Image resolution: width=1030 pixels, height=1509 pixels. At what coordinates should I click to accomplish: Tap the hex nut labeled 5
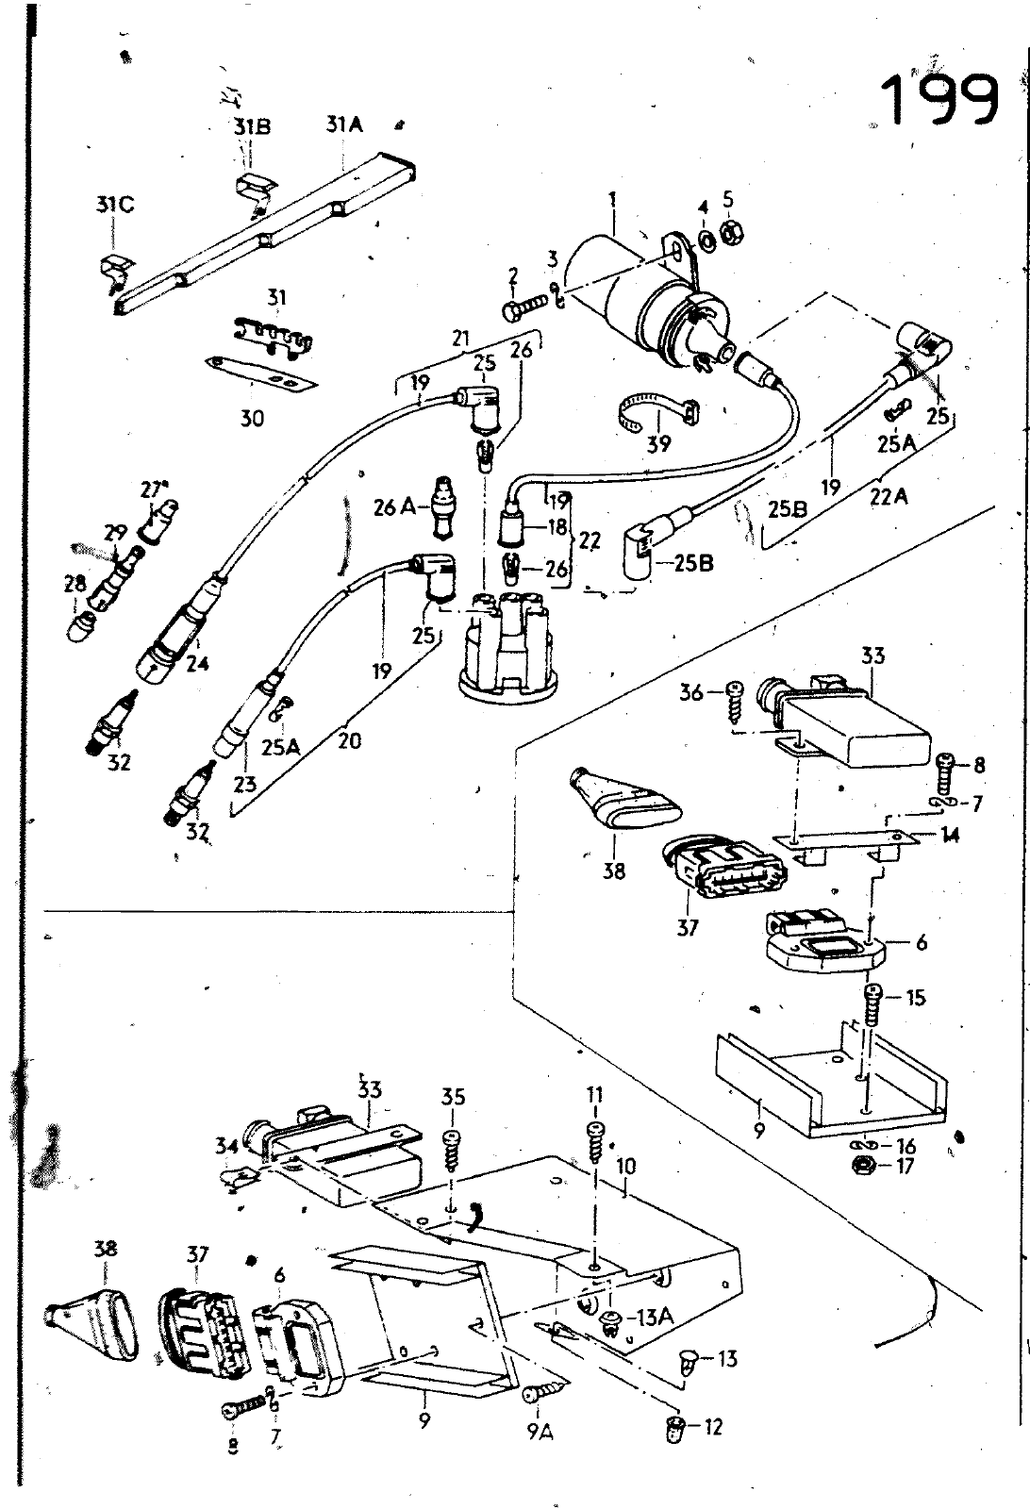coord(729,231)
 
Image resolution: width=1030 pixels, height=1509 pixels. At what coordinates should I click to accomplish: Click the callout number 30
coord(252,418)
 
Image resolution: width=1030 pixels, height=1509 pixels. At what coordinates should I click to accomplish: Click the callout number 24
coord(197,663)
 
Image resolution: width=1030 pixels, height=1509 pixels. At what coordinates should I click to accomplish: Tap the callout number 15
coord(915,998)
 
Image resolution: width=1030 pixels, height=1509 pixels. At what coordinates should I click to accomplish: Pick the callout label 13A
coord(655,1317)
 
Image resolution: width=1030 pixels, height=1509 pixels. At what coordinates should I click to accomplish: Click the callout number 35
coord(453,1098)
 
